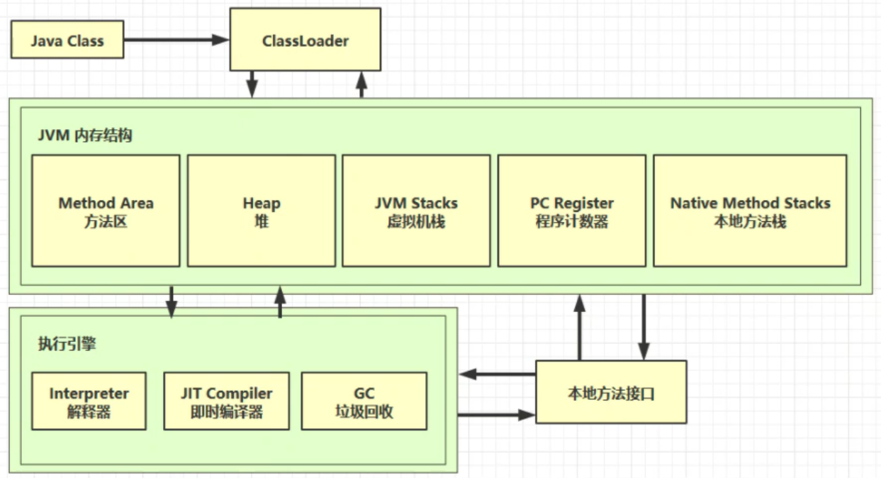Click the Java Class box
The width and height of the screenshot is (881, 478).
click(67, 40)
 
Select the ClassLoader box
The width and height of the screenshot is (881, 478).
click(305, 40)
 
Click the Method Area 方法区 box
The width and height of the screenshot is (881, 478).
click(106, 211)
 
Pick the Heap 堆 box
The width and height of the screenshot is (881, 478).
click(261, 211)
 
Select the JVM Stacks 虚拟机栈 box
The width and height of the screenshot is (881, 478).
click(416, 211)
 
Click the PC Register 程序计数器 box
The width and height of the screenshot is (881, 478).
click(571, 211)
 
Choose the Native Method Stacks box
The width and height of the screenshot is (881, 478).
click(750, 211)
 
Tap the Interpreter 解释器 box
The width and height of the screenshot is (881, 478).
click(89, 401)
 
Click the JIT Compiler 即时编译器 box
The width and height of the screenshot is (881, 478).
click(226, 401)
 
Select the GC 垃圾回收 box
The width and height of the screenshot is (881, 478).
click(364, 401)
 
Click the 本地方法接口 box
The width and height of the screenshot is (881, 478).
click(610, 392)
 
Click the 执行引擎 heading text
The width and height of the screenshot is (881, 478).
click(67, 345)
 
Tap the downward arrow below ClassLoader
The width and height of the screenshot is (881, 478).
click(252, 84)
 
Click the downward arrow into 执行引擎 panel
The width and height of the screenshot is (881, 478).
click(171, 302)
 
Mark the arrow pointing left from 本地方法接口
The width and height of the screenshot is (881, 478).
click(496, 374)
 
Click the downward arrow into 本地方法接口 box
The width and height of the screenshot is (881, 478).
click(644, 327)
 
